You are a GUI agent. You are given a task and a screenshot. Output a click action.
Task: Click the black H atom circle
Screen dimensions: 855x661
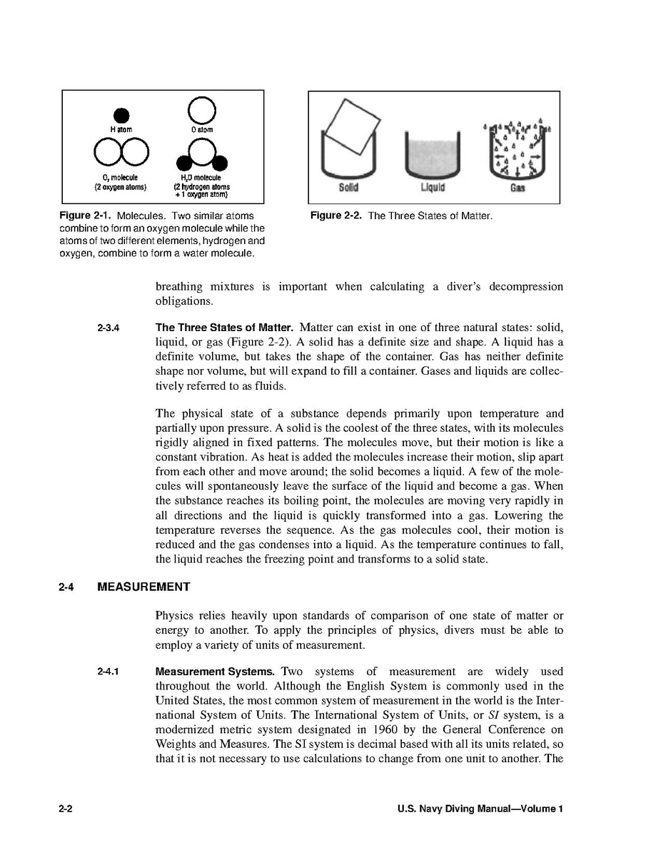click(122, 114)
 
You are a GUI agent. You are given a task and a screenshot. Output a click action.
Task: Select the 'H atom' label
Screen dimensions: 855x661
click(121, 130)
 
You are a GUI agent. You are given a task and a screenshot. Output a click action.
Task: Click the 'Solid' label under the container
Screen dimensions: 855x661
click(348, 188)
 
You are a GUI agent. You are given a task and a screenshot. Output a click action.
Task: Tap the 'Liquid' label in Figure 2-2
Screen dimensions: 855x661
click(432, 188)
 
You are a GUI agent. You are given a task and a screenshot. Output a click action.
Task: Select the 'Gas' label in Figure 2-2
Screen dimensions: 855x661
click(518, 188)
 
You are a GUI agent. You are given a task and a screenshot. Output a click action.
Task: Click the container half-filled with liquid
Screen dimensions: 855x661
click(431, 154)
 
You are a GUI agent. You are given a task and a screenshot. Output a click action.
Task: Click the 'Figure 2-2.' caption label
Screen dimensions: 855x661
click(336, 216)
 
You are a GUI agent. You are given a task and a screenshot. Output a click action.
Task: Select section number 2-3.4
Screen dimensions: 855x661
click(108, 329)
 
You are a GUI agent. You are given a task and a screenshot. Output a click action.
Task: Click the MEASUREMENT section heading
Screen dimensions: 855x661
click(143, 587)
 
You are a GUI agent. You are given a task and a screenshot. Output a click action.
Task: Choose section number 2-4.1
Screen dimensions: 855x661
click(108, 672)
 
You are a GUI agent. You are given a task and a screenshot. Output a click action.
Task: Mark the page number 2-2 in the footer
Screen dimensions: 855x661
click(67, 809)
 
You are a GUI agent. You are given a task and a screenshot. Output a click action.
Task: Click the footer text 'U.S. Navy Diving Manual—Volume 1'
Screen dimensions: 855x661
click(480, 809)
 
